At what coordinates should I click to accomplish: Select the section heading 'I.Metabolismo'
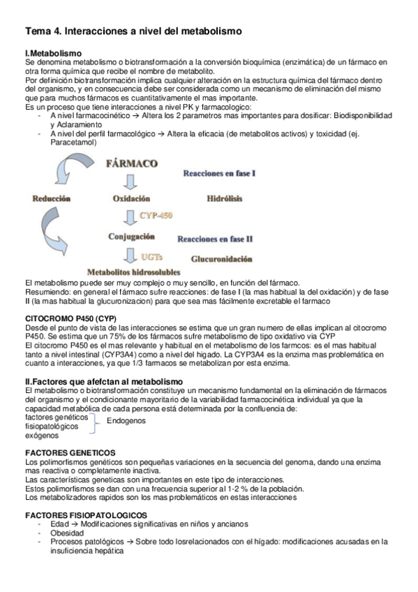pos(53,54)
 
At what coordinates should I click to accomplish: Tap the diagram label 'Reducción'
pos(52,199)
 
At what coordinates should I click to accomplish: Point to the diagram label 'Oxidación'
pos(132,199)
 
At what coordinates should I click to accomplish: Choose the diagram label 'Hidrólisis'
pos(225,199)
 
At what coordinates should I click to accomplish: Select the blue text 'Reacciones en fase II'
pos(215,239)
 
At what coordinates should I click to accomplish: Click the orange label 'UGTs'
pos(153,256)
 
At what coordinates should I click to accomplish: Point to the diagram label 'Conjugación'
pos(131,237)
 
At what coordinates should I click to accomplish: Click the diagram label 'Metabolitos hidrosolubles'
pos(133,271)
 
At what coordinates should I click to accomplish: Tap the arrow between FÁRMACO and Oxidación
pos(130,182)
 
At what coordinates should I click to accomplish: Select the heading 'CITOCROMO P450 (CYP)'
pos(70,318)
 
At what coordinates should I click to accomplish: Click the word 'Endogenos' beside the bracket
pos(126,421)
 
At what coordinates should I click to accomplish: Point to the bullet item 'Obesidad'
pos(67,533)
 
